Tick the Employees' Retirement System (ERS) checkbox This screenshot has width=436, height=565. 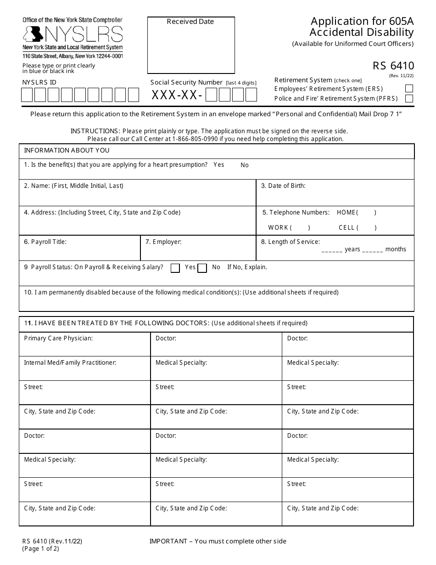(409, 89)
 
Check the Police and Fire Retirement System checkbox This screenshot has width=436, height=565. (409, 98)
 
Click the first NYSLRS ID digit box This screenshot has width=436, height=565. (27, 95)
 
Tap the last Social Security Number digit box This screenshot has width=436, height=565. (251, 95)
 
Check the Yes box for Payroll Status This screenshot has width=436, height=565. (175, 268)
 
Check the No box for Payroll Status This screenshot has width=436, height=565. (202, 268)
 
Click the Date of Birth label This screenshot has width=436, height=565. (283, 186)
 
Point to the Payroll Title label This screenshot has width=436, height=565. (45, 242)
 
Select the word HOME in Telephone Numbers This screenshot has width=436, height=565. (346, 212)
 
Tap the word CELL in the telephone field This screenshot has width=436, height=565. (347, 227)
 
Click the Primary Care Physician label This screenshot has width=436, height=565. (58, 338)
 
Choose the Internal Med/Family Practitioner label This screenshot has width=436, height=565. (70, 362)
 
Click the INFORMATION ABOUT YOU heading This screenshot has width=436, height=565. (67, 151)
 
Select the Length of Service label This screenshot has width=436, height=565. (291, 242)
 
